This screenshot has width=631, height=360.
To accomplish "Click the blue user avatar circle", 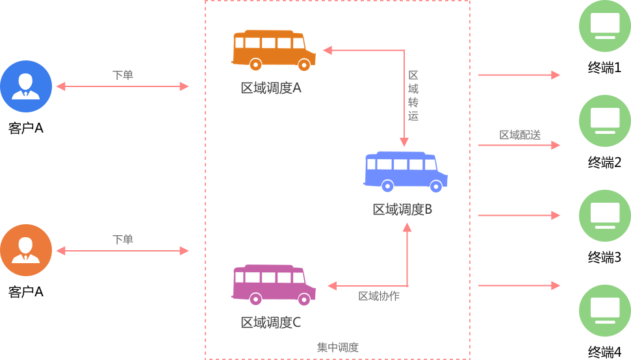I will point(26,86).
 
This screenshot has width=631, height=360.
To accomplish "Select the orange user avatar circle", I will point(26,250).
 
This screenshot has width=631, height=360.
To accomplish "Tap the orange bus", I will point(274,50).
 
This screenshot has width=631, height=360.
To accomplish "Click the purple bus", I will point(274,285).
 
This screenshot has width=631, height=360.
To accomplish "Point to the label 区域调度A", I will point(271,88).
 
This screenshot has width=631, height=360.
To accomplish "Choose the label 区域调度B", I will point(402,209).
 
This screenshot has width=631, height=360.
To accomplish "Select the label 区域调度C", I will point(271,322).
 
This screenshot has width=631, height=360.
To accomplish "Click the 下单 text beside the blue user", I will point(123,75).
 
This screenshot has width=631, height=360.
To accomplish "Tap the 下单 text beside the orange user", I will point(123,240).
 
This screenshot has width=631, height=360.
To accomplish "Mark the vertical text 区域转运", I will point(413,96).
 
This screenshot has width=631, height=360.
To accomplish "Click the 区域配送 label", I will point(520,135).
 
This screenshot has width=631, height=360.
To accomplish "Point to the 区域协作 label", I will point(379,296).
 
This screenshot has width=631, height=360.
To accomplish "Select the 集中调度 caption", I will point(338,348).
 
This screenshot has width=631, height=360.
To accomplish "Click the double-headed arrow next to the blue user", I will point(123,86).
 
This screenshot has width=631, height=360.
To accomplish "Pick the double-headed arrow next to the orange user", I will point(123,251).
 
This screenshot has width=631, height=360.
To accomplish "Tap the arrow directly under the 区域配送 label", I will point(519,146).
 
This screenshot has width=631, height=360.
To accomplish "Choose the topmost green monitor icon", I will point(605,26).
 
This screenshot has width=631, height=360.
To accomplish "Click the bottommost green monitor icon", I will point(605,311).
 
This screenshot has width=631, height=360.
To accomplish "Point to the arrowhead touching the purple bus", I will point(331,285).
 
